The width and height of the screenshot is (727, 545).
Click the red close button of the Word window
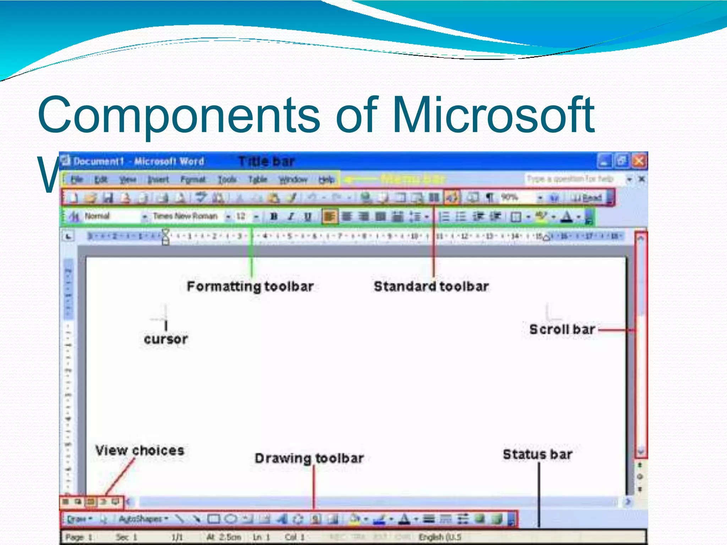click(639, 161)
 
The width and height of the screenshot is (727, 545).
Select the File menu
click(77, 180)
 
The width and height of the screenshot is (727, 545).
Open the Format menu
click(193, 180)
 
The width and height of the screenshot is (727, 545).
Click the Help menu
click(326, 180)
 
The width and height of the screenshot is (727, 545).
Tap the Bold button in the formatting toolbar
click(274, 216)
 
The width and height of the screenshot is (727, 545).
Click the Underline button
click(308, 216)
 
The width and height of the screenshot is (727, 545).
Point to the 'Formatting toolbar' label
click(250, 286)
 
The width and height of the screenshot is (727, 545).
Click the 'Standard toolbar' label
click(431, 286)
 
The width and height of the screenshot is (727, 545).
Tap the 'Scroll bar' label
click(562, 329)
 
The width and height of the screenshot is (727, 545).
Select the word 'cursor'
click(166, 339)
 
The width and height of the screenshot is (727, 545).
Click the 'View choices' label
click(140, 451)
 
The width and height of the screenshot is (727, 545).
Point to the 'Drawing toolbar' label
click(309, 458)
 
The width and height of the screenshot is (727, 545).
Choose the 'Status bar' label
click(537, 455)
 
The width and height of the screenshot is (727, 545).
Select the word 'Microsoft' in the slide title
click(493, 115)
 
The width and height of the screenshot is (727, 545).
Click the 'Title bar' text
click(266, 161)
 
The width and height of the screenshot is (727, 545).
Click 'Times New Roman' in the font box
click(185, 216)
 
